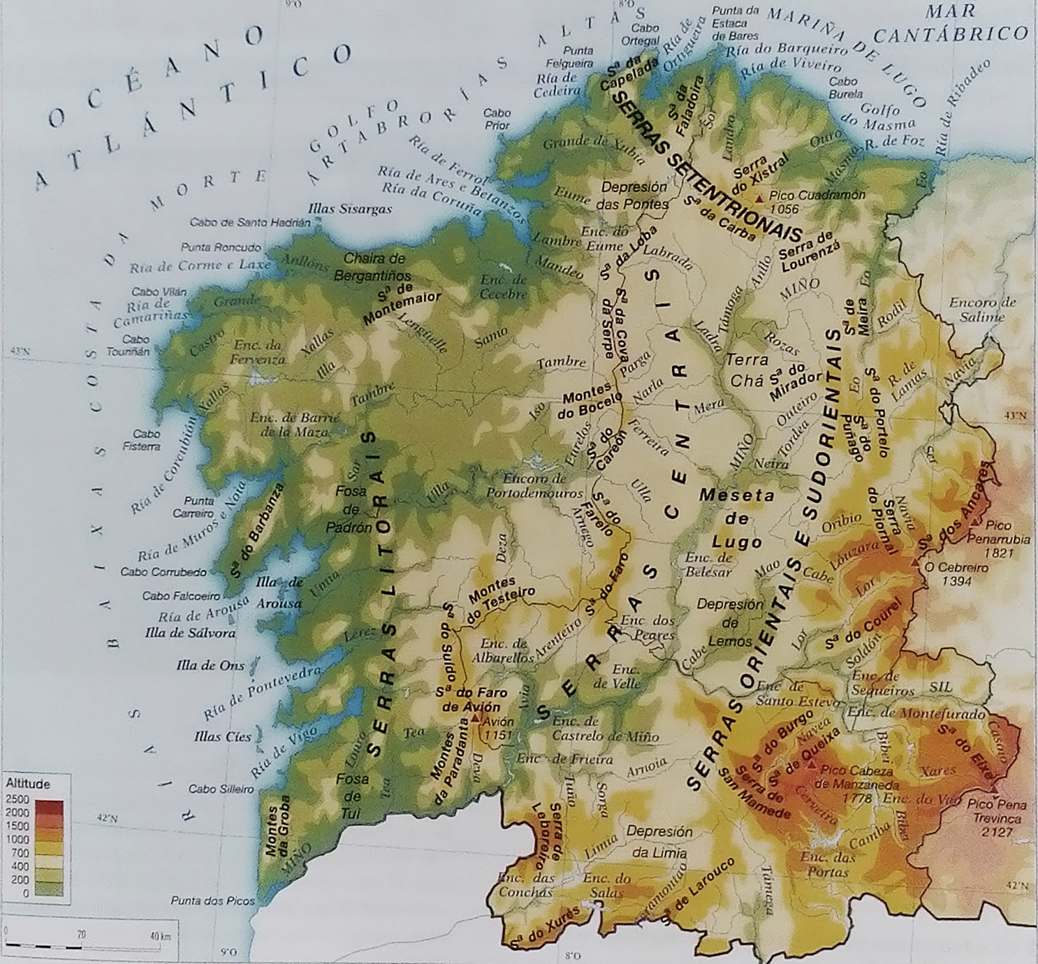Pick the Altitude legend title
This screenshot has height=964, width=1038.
pos(27,784)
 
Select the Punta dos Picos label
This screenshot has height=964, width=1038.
pos(212,900)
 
